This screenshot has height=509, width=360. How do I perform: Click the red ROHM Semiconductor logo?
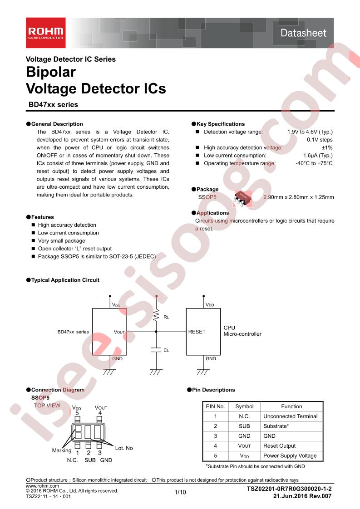point(46,33)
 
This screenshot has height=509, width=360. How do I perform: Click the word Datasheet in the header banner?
point(303,33)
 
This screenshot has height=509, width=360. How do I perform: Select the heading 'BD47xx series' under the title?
point(53,104)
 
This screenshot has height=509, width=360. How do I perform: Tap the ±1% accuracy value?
point(327,147)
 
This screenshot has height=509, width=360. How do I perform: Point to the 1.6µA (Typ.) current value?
point(318,156)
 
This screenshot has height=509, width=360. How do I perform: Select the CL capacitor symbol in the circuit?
point(156,350)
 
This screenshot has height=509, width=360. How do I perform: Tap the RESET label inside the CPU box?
point(197,332)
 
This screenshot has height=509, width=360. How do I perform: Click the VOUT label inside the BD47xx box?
point(119,332)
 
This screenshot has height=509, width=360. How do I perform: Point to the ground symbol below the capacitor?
point(156,372)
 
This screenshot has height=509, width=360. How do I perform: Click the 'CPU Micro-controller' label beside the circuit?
point(242,331)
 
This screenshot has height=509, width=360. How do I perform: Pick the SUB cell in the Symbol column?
point(244,426)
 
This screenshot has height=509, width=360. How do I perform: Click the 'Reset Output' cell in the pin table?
point(280,446)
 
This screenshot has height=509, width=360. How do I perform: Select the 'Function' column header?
point(291,406)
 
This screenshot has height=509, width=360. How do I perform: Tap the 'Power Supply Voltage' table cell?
point(290,456)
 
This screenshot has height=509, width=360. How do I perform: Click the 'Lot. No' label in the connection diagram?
point(124,448)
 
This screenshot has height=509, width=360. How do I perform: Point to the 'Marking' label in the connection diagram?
point(62,450)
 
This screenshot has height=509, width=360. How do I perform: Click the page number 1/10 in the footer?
point(180,492)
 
